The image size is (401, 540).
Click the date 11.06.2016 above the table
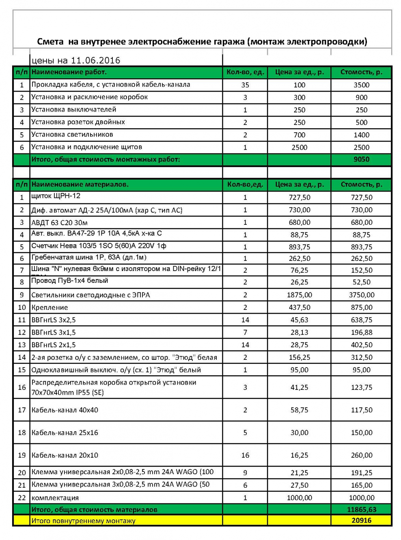point(95,60)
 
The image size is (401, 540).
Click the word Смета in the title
point(50,41)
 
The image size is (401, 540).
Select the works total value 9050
point(361,159)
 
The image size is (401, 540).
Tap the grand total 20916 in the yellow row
point(361,521)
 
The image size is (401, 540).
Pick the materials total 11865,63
point(361,510)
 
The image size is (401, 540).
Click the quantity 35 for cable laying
point(245,85)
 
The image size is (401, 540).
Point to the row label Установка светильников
point(72,135)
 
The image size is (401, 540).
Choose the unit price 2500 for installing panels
point(299,148)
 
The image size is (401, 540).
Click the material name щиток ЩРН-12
point(56,196)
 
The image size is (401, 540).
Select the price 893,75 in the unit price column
point(299,247)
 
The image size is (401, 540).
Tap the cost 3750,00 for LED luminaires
point(361,295)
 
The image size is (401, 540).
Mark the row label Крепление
point(50,308)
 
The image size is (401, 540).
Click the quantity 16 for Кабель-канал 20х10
point(245,455)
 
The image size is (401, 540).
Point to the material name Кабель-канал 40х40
point(65,410)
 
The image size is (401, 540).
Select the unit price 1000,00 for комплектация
point(299,498)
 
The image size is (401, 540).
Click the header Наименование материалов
point(80,185)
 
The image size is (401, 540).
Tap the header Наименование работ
point(69,72)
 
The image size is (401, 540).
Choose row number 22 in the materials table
point(22,498)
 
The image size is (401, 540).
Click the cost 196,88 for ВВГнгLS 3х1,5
point(361,333)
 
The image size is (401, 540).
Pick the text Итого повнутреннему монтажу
point(83,521)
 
